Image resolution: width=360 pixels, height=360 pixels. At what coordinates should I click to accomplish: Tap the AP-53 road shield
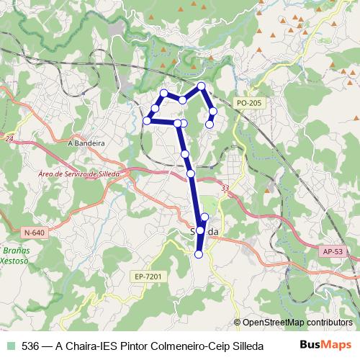pos(332,252)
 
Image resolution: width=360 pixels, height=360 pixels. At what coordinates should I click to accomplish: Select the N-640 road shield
pos(34,233)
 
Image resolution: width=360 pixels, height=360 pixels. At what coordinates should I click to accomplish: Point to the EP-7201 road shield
pos(147,275)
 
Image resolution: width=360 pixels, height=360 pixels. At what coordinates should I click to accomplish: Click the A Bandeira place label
pos(86,143)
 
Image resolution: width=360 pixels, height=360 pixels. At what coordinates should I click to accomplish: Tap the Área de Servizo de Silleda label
pos(81,174)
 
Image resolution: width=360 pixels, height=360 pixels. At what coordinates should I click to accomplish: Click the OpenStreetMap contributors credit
pos(297,323)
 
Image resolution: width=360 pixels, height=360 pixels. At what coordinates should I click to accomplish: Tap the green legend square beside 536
pos(9,345)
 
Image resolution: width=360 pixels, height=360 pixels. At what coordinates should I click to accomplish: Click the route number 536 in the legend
pos(32,345)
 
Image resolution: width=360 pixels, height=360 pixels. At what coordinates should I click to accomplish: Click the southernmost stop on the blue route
pos(199,253)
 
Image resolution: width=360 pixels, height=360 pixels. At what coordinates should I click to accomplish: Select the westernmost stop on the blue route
pos(147,121)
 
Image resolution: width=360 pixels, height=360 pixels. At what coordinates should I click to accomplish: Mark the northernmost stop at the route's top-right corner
pos(202,86)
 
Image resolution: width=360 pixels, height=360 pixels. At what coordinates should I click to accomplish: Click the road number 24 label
pos(9,138)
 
